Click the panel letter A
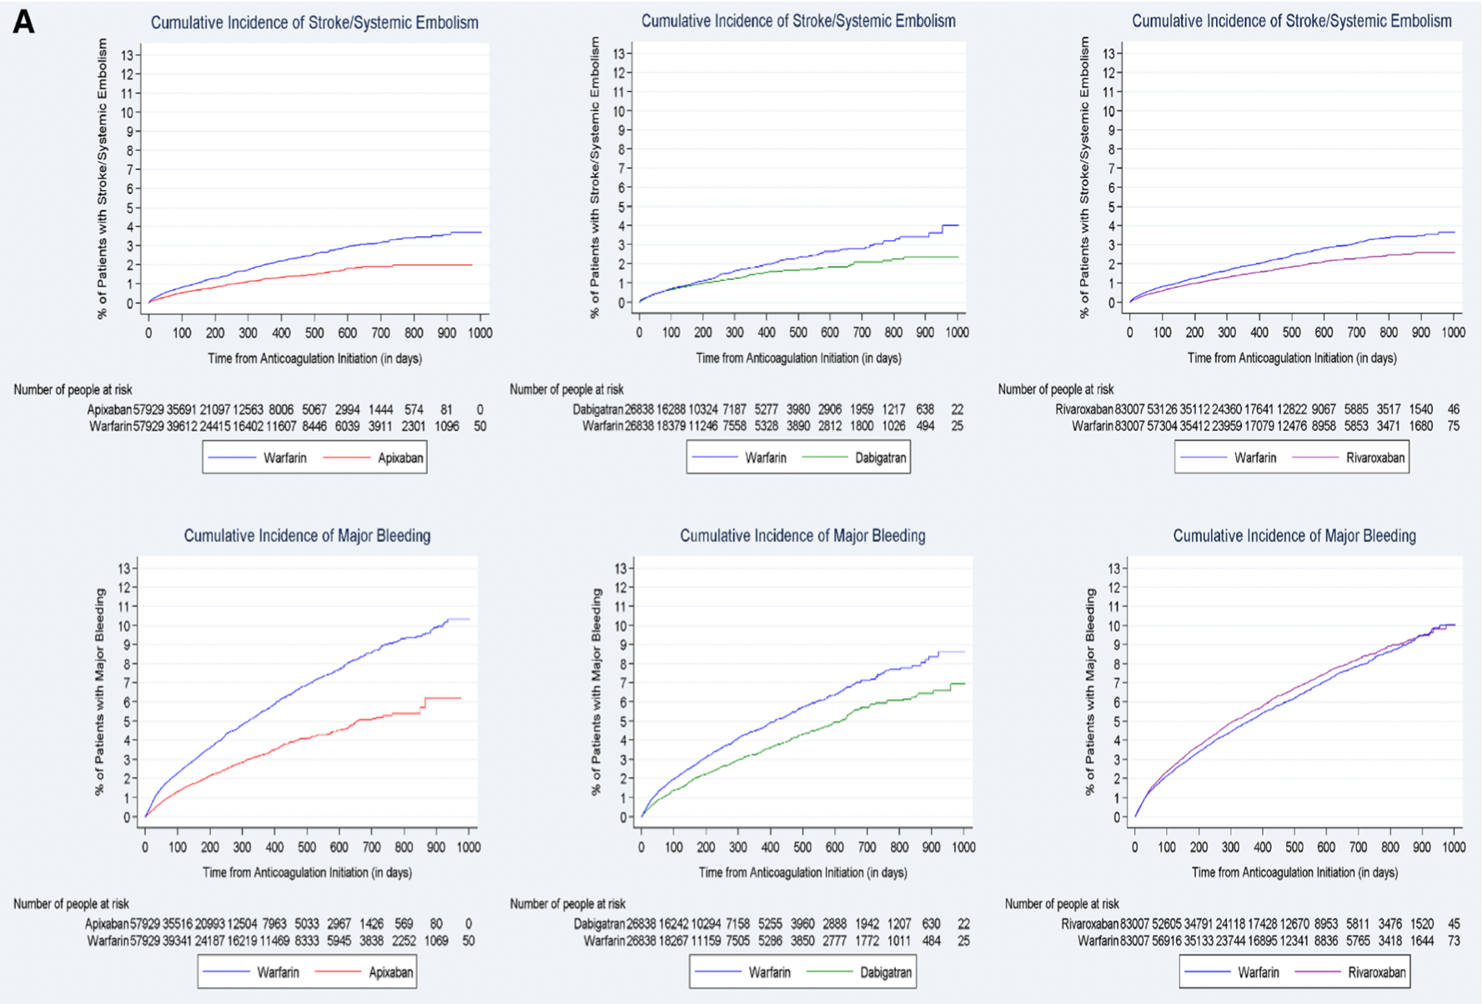(23, 21)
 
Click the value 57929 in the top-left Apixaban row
(148, 409)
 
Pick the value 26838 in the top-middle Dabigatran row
(641, 409)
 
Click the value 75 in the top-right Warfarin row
(1453, 426)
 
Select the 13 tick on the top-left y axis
(126, 55)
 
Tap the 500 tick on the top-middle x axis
(798, 332)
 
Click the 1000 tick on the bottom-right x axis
(1454, 846)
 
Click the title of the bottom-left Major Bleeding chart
(307, 535)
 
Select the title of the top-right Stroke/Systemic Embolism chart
(1291, 21)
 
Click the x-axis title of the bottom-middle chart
(802, 872)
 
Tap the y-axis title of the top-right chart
(1084, 177)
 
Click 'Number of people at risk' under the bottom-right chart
(1062, 904)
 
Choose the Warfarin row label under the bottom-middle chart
(604, 941)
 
